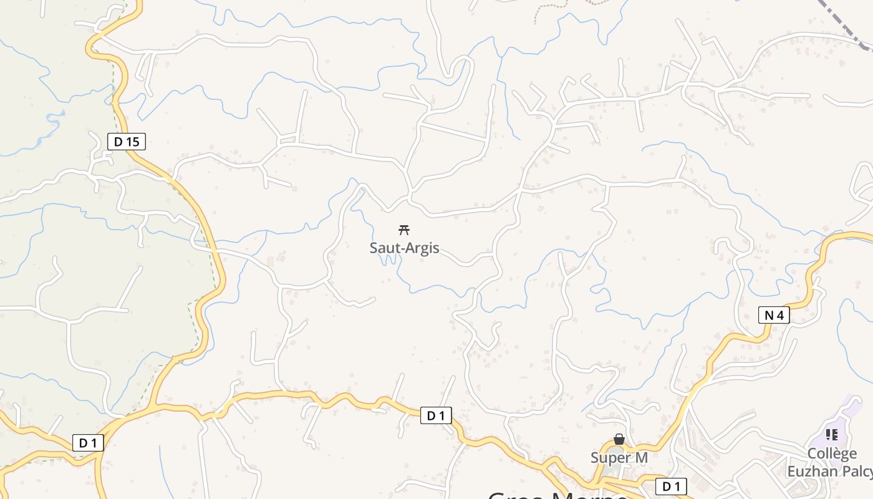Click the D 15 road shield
[127, 142]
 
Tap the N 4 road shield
[774, 315]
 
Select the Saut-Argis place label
[404, 248]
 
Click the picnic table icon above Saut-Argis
[404, 230]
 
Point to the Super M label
[619, 458]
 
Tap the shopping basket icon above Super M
[619, 440]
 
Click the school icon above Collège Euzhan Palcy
[831, 434]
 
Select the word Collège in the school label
[832, 453]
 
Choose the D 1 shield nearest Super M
[671, 486]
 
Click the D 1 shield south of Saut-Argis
[436, 415]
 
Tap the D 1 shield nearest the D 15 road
[88, 443]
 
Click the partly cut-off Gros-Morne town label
[558, 494]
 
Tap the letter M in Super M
[640, 458]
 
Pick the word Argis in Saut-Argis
[422, 248]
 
